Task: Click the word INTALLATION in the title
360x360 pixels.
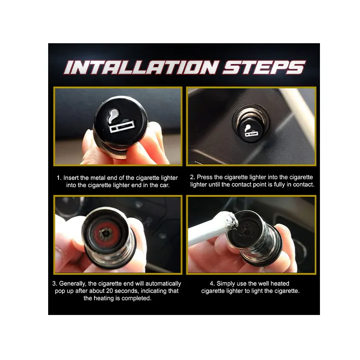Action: pyautogui.click(x=141, y=67)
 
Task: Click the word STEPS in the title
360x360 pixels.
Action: pyautogui.click(x=264, y=67)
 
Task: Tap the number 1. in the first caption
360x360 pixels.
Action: pyautogui.click(x=59, y=178)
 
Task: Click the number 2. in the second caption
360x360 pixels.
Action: pyautogui.click(x=193, y=177)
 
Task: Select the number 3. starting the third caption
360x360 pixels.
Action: pyautogui.click(x=55, y=283)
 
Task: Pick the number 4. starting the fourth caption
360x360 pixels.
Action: pyautogui.click(x=212, y=283)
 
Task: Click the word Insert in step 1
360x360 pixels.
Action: pyautogui.click(x=71, y=178)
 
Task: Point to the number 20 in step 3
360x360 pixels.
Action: pyautogui.click(x=109, y=291)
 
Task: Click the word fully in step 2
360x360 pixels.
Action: pyautogui.click(x=279, y=185)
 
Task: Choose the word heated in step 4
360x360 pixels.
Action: pyautogui.click(x=280, y=283)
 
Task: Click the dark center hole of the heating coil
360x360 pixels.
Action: pyautogui.click(x=106, y=234)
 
